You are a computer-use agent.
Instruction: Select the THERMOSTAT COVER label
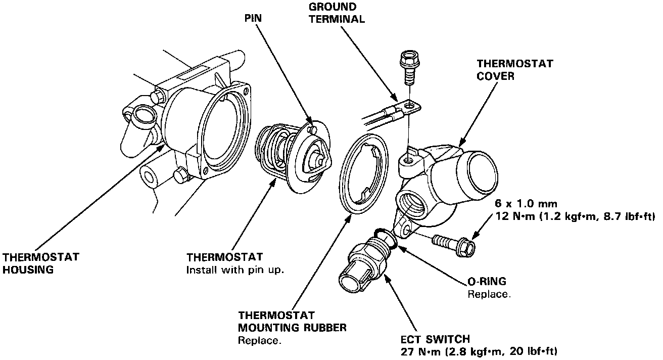515,69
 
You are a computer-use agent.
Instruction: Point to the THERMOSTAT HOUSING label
40,263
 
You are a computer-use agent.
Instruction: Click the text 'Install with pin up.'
235,270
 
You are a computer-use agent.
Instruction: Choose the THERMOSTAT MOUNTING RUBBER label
292,322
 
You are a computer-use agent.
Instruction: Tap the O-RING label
487,282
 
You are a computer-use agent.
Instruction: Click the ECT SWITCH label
435,339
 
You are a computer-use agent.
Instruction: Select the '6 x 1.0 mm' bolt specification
527,204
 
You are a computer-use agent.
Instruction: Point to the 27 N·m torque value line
480,351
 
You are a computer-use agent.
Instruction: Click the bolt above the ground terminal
407,67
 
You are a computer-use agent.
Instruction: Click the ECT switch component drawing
365,265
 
